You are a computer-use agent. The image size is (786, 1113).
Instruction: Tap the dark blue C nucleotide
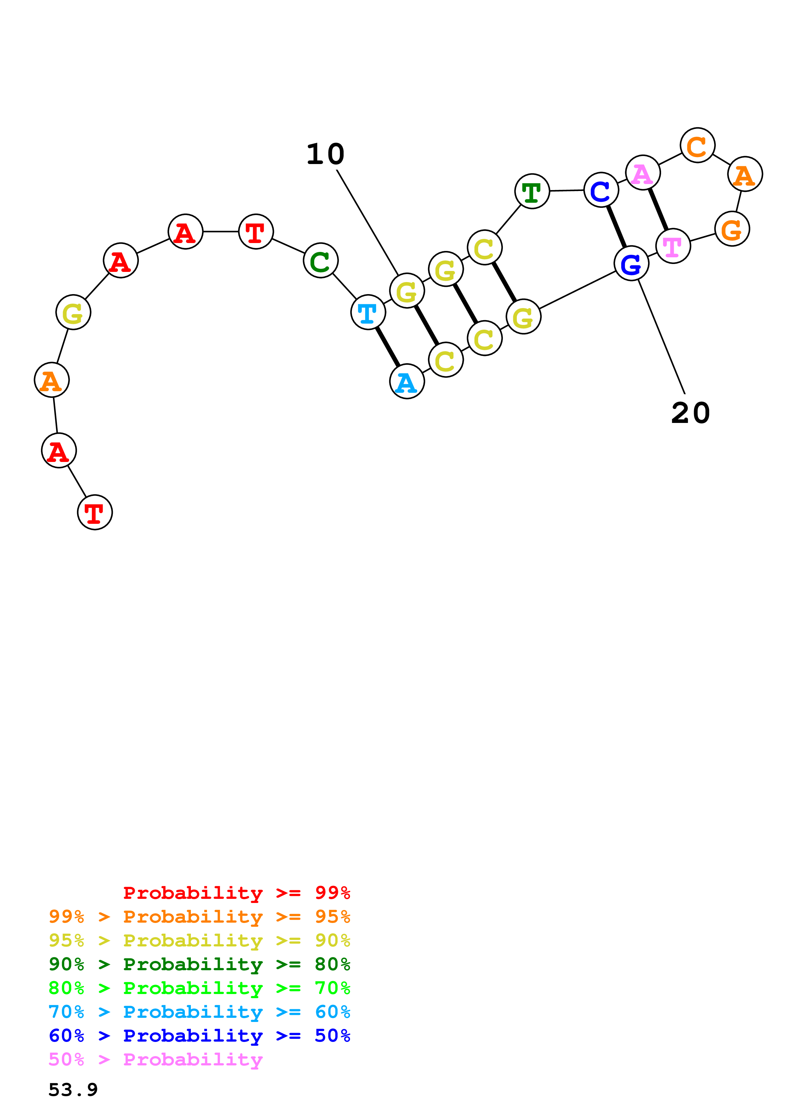[x=601, y=190]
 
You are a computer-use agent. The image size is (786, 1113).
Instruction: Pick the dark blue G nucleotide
[x=631, y=263]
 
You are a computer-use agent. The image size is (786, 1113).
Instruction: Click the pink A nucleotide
[x=643, y=173]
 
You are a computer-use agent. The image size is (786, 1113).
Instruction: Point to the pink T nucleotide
[x=673, y=246]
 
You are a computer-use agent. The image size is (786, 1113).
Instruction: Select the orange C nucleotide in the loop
[x=697, y=145]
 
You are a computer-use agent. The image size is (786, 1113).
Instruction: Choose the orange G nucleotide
[x=732, y=229]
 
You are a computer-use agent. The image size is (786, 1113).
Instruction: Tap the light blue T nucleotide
[x=368, y=312]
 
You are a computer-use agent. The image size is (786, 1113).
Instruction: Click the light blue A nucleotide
[x=407, y=381]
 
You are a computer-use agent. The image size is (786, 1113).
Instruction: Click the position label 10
[x=325, y=154]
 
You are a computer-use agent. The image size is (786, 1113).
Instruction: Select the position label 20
[x=690, y=413]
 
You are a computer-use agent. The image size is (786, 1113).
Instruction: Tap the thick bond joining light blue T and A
[x=387, y=346]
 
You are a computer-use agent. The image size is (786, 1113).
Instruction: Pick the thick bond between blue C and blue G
[x=616, y=227]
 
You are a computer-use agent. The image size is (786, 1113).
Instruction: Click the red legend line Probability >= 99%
[x=236, y=892]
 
